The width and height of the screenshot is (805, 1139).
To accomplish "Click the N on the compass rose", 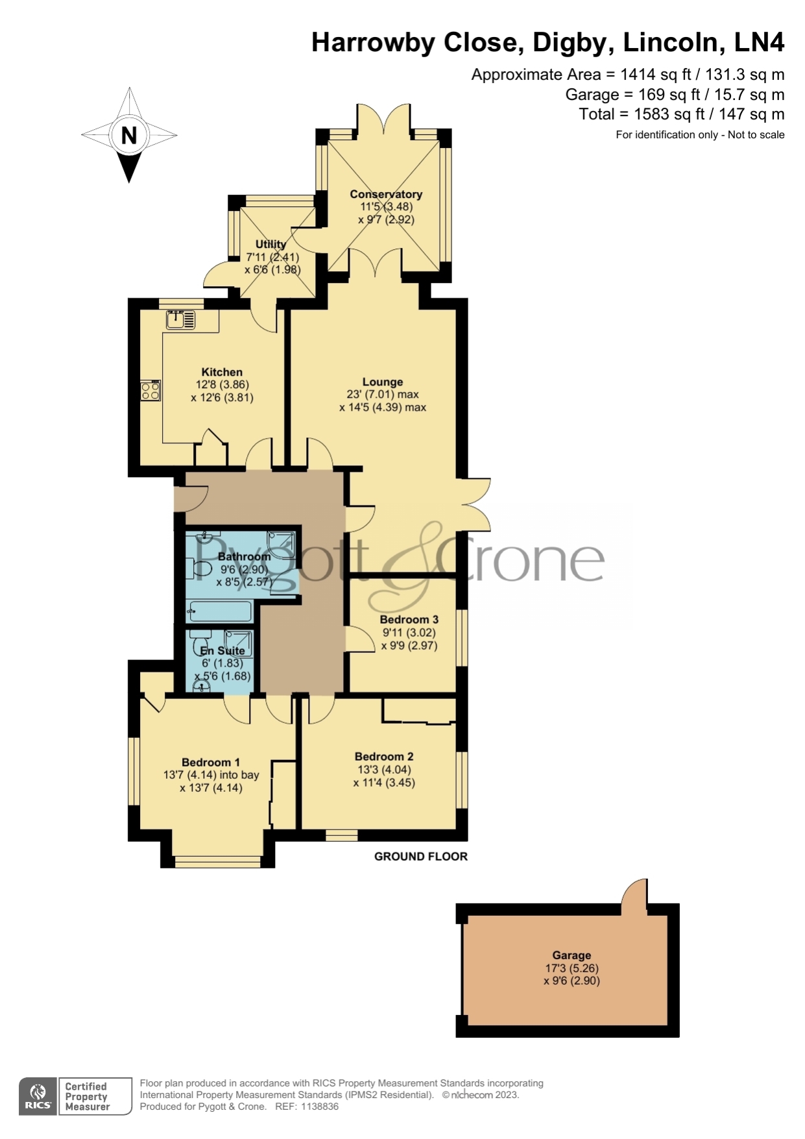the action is point(129,135).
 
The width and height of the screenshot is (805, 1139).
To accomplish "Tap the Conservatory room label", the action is point(386,194).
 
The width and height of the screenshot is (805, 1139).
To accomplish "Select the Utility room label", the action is point(270,244).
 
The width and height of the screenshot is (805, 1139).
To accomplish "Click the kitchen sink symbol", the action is point(180,319).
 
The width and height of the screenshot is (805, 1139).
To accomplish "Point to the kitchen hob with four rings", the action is point(150,391).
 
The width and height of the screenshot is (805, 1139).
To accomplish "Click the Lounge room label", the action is point(383,382).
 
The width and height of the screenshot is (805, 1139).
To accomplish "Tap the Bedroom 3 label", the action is point(409,619).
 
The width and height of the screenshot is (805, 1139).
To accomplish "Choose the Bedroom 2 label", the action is point(384,756).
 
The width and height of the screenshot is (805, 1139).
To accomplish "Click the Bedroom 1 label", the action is point(211,762).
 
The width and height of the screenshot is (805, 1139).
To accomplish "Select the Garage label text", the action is point(571,955).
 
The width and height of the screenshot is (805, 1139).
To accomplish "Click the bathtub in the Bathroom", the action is point(219,611).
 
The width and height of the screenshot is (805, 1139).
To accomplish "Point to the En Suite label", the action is point(222,650).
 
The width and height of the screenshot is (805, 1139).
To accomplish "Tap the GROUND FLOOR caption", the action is point(421,856).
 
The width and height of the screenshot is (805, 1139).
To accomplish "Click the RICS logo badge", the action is point(38,1096).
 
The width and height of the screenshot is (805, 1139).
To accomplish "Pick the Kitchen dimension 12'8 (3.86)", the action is point(222,384).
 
